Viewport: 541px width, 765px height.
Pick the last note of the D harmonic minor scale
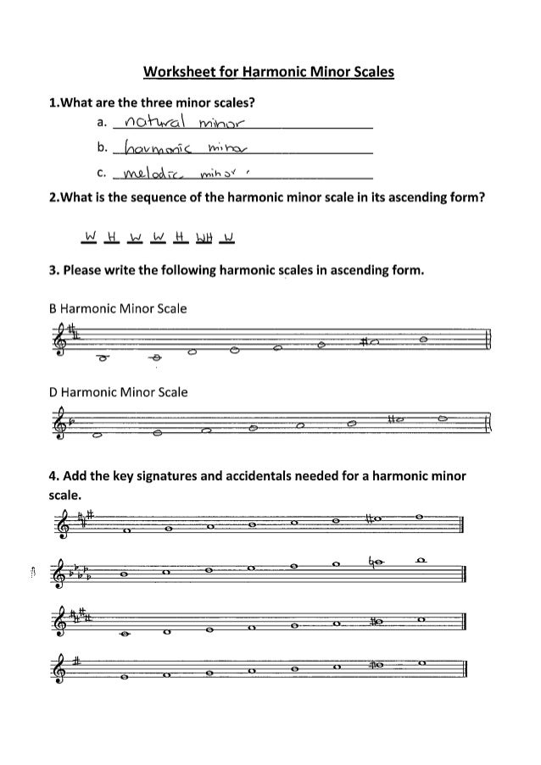(x=446, y=419)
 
